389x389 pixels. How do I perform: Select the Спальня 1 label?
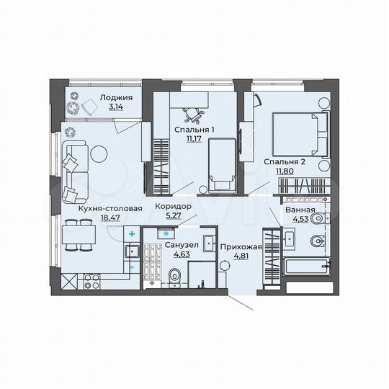point(194,130)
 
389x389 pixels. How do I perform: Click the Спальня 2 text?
point(285,162)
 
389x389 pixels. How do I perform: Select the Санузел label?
point(177,244)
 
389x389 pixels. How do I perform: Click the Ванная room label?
point(300,210)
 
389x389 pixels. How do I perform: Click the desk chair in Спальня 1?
point(193,112)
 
